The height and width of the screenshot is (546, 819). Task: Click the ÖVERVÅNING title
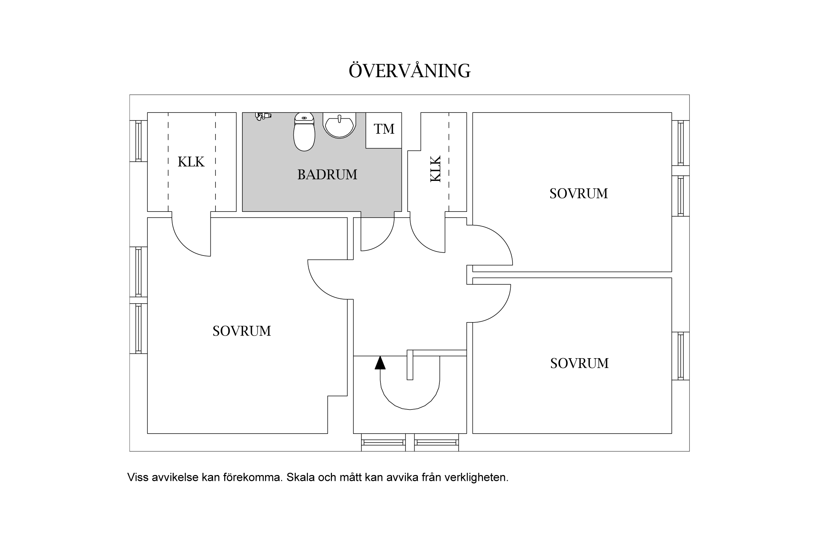[x=409, y=71]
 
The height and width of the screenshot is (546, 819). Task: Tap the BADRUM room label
[x=327, y=175]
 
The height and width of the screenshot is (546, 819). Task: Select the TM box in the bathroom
[x=384, y=130]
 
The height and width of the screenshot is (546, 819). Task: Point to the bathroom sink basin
[x=339, y=126]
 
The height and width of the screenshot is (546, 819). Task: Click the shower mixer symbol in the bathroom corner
[x=263, y=116]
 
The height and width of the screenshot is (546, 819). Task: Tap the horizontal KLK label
[x=191, y=162]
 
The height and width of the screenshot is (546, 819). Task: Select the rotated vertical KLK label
[x=435, y=169]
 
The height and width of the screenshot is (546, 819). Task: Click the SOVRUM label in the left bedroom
[x=242, y=331]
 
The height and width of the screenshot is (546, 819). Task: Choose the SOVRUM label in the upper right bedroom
[x=578, y=193]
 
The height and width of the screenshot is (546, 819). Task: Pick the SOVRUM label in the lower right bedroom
[x=579, y=363]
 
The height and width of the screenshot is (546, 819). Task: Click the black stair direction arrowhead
[x=380, y=363]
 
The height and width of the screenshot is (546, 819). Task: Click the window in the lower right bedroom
[x=680, y=356]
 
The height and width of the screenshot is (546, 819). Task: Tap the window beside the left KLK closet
[x=138, y=141]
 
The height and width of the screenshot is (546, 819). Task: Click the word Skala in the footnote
[x=301, y=477]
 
